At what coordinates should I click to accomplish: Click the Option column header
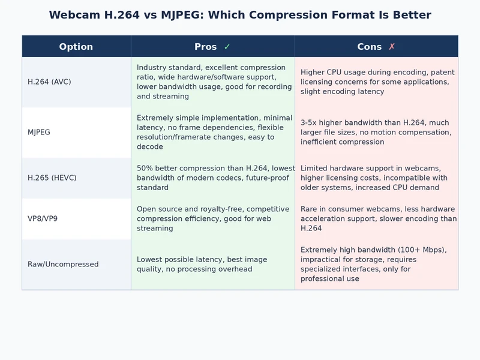pos(76,47)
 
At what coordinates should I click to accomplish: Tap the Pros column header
pos(206,47)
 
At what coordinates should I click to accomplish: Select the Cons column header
pos(370,47)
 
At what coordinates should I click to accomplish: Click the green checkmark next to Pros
pos(227,47)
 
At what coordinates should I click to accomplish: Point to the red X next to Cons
pos(392,47)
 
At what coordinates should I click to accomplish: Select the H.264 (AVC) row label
pos(49,82)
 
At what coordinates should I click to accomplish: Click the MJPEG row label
pos(39,132)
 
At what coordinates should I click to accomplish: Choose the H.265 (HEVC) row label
pos(52,178)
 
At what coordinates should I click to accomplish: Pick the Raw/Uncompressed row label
pos(63,264)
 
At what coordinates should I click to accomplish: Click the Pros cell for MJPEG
pos(213,132)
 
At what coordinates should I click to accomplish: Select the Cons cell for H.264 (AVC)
pos(376,82)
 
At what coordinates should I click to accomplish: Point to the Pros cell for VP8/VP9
pos(213,218)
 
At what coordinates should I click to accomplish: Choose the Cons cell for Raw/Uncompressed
pos(376,264)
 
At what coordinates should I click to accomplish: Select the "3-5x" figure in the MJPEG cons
pos(310,122)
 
